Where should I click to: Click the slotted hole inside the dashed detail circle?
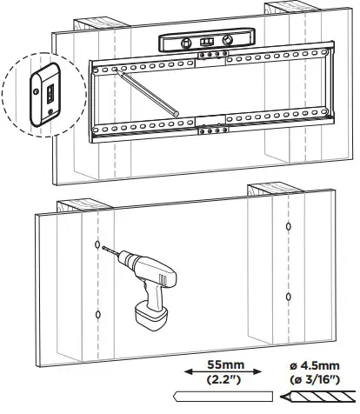[x=50, y=91]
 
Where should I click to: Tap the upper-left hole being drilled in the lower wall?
[x=98, y=246]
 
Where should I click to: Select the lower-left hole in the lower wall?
[x=98, y=314]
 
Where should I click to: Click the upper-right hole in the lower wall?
[x=288, y=228]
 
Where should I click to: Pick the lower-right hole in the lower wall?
[x=288, y=297]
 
